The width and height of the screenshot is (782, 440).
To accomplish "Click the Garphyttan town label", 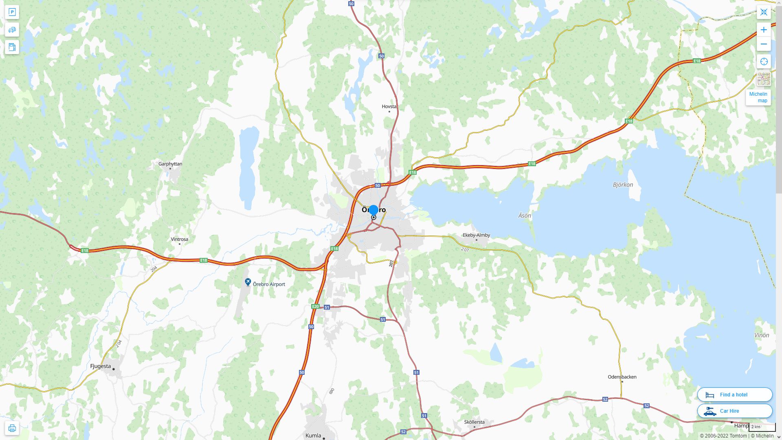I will pyautogui.click(x=170, y=164).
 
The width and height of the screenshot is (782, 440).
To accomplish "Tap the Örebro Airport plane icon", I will pyautogui.click(x=248, y=282).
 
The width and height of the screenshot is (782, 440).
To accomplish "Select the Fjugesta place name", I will pyautogui.click(x=100, y=366).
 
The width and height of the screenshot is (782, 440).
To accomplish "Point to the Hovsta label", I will pyautogui.click(x=389, y=106).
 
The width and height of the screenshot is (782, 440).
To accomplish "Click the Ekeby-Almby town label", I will pyautogui.click(x=476, y=235).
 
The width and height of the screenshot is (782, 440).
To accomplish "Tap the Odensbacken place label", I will pyautogui.click(x=622, y=377).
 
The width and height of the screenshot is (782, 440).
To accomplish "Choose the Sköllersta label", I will pyautogui.click(x=474, y=422).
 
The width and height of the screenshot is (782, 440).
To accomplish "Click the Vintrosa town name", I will pyautogui.click(x=179, y=239).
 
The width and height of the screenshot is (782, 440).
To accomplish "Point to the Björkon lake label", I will pyautogui.click(x=623, y=185).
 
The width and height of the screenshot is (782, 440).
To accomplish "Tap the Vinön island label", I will pyautogui.click(x=761, y=335).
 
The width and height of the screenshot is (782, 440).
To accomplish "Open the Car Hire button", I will pyautogui.click(x=734, y=411).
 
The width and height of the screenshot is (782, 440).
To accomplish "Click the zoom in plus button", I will pyautogui.click(x=764, y=30).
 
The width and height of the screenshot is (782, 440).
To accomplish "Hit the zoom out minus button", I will pyautogui.click(x=764, y=44).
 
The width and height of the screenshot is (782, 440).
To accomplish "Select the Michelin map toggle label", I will pyautogui.click(x=758, y=97).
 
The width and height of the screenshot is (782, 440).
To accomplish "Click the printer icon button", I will pyautogui.click(x=12, y=428).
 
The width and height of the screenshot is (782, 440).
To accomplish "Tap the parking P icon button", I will pyautogui.click(x=12, y=12).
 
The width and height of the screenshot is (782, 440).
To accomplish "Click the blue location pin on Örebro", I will pyautogui.click(x=373, y=211).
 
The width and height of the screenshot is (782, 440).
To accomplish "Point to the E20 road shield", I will pyautogui.click(x=315, y=306).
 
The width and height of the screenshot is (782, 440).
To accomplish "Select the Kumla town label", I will pyautogui.click(x=313, y=436).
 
